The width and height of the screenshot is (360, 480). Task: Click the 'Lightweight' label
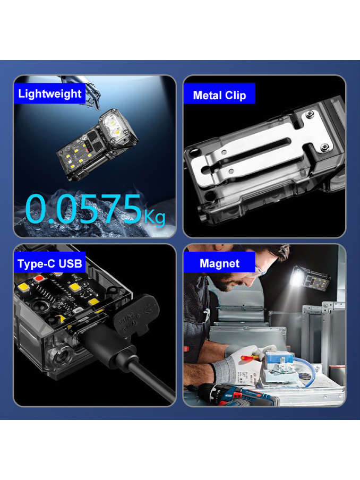tap(49, 93)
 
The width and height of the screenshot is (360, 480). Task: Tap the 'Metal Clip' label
tap(219, 95)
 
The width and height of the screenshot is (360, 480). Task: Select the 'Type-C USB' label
tap(49, 263)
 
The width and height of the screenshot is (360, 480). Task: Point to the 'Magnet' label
tap(219, 263)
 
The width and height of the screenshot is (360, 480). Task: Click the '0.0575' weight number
tap(83, 209)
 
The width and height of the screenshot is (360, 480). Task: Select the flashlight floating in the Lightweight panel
tap(97, 144)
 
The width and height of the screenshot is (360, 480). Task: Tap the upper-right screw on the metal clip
tap(310, 114)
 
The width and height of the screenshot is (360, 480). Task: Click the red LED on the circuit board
tap(39, 278)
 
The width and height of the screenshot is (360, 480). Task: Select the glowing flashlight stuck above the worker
tap(309, 278)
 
